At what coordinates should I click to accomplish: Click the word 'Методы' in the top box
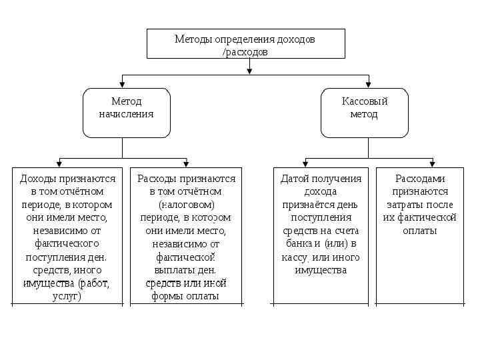point(193,39)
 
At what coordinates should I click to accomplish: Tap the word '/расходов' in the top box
point(245,51)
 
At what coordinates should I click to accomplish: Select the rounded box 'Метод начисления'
point(126,113)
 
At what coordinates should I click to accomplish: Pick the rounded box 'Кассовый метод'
point(364,113)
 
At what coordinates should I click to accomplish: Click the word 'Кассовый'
point(365,101)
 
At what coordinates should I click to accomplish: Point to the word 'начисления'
point(126,113)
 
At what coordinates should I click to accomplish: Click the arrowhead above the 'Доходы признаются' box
point(60,163)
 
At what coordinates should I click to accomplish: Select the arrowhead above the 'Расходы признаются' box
point(186,163)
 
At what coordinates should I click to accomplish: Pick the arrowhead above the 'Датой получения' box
point(306,163)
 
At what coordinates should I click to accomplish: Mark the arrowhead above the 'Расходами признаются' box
point(432,163)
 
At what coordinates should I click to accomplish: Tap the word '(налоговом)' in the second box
point(186,205)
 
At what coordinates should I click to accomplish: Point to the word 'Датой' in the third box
point(294,179)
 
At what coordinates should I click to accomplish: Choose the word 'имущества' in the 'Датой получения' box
point(320,270)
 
